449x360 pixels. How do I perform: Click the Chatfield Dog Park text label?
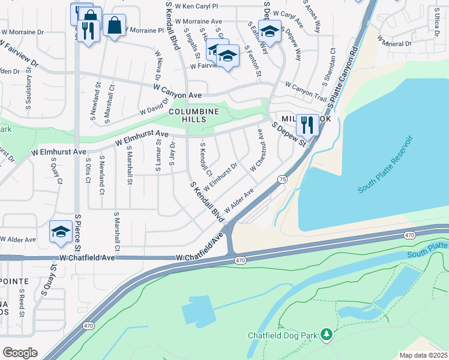[x=283, y=335]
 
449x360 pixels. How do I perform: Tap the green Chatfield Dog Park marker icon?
[x=326, y=334]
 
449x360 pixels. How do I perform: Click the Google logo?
[x=20, y=352]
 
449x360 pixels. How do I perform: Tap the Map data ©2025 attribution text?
[x=423, y=355]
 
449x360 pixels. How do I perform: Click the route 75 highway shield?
[x=282, y=179]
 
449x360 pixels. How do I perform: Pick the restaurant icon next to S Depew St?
[x=307, y=125]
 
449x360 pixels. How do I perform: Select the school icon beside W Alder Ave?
[x=61, y=232]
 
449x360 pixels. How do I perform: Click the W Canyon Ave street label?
[x=177, y=91]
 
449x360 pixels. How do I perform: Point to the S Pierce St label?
[x=77, y=234]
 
